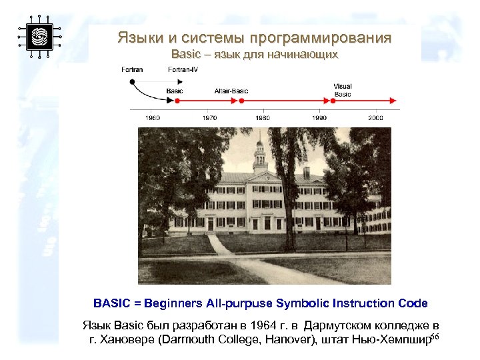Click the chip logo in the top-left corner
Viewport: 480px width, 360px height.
click(39, 36)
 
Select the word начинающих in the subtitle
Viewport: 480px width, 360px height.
click(308, 54)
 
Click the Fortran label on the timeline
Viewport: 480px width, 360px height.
click(132, 70)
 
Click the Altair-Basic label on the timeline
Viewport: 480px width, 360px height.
click(230, 90)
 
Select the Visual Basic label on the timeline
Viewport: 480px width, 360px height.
click(343, 90)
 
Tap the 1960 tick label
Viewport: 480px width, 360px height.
click(153, 117)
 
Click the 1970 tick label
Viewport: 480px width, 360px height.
click(209, 117)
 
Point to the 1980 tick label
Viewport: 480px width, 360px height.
click(263, 117)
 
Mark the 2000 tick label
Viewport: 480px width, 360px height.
click(375, 117)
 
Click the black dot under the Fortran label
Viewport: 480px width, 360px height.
click(132, 81)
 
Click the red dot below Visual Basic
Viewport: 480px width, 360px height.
click(333, 101)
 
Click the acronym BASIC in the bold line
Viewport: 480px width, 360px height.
click(111, 303)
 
